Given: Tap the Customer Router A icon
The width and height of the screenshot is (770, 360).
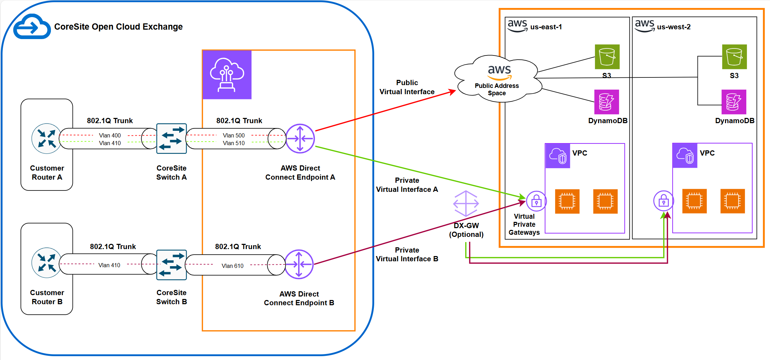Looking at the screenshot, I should pos(46,138).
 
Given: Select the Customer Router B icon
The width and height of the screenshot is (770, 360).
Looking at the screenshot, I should pos(46,263).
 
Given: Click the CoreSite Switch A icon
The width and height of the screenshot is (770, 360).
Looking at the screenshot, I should pos(172,138).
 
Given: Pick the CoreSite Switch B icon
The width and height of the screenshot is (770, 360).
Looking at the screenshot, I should pos(172,265).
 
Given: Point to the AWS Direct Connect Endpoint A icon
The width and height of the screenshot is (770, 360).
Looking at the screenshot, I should pos(300,138).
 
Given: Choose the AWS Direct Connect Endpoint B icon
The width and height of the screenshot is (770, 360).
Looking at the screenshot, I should pos(299,264).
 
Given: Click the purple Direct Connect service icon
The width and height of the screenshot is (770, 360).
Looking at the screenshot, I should pos(227,75).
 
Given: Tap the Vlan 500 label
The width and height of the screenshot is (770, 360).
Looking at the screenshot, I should pos(234,135).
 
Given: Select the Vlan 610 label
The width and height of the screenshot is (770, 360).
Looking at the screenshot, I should pos(233,266).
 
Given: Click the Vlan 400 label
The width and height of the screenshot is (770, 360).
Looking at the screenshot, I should pos(110,135).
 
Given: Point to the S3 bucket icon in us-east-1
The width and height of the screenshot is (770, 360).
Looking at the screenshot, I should pos(607,57).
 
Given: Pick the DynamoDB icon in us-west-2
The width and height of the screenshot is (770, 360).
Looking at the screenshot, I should pos(734,102).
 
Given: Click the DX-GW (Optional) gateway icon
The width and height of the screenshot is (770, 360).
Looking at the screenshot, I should pos(466,203).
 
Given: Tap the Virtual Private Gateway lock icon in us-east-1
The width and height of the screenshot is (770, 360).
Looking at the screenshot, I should pos(536,201).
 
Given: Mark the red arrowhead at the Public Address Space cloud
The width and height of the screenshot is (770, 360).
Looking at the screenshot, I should pos(453,92).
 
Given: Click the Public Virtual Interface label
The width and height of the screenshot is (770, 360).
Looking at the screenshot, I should pos(407,87).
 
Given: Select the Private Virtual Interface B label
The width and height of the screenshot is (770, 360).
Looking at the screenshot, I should pos(407,254).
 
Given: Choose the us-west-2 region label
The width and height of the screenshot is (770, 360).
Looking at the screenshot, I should pos(673,27).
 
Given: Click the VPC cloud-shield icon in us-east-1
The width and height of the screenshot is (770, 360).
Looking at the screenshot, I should pos(558,156).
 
